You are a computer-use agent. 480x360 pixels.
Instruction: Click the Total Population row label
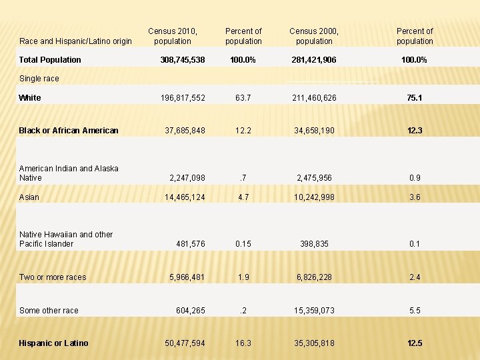click(50, 60)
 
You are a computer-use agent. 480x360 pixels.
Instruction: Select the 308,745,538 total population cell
click(183, 60)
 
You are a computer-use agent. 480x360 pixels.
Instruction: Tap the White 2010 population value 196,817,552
click(183, 98)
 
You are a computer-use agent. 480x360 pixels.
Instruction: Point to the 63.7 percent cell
click(243, 98)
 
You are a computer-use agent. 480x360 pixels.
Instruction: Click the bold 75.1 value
click(415, 98)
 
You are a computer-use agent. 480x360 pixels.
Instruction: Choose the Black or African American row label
click(69, 131)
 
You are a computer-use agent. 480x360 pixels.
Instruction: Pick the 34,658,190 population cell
click(314, 131)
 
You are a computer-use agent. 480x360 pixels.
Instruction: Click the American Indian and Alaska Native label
click(69, 173)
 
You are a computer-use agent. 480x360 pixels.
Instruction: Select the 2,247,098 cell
click(187, 178)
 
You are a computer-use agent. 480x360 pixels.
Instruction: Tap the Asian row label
click(29, 197)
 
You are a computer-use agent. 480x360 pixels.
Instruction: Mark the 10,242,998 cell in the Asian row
click(314, 197)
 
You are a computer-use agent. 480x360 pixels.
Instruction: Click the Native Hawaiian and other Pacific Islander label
click(66, 239)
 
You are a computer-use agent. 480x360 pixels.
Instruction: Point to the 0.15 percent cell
click(243, 244)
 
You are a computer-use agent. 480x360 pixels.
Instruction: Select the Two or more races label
click(53, 277)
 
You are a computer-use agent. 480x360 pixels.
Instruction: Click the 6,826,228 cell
click(314, 277)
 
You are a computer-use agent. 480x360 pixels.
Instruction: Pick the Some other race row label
click(49, 311)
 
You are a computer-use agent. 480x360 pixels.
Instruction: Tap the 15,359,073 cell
click(314, 311)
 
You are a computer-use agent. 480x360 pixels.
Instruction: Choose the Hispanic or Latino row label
click(53, 343)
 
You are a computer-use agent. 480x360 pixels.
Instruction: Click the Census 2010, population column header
click(173, 36)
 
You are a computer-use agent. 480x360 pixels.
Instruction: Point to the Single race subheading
click(39, 79)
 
